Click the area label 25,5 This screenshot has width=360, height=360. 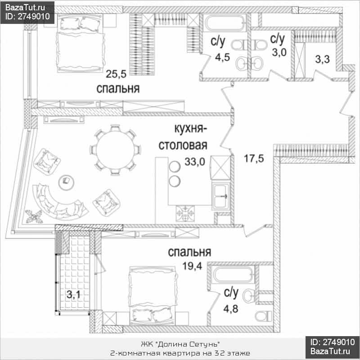(x=116, y=74)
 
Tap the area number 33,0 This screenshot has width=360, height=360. (x=195, y=162)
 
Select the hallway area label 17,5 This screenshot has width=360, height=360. (x=254, y=159)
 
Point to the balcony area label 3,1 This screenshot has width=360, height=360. (x=73, y=294)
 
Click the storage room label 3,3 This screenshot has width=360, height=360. (x=322, y=59)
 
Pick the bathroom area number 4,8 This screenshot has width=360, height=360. (x=231, y=309)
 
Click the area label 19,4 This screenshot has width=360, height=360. (x=192, y=266)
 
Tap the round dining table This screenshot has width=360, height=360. (x=115, y=150)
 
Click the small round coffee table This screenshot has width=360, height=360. (x=66, y=182)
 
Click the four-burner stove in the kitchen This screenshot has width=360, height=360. (x=185, y=213)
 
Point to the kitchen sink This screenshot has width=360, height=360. (x=221, y=196)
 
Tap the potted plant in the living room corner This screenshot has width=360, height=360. (x=34, y=216)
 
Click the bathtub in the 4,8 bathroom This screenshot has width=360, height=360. (x=232, y=274)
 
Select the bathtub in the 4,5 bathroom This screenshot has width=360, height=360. (x=225, y=23)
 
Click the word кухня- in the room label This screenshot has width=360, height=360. (x=190, y=129)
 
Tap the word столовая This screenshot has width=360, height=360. (x=183, y=145)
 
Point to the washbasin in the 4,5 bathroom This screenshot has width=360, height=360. (x=242, y=63)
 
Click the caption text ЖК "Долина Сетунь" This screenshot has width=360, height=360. (x=180, y=344)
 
